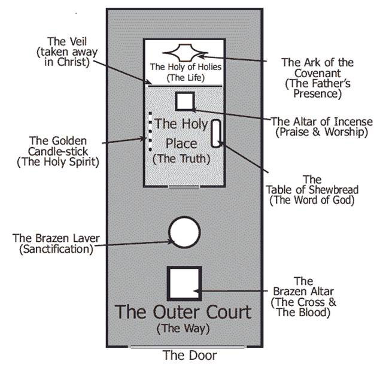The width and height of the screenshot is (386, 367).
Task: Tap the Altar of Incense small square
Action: point(184,101)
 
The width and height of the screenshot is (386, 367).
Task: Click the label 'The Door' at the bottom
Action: point(190,355)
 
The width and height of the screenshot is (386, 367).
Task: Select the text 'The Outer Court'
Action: point(183,312)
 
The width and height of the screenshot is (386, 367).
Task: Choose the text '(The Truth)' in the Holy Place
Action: point(180,159)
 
